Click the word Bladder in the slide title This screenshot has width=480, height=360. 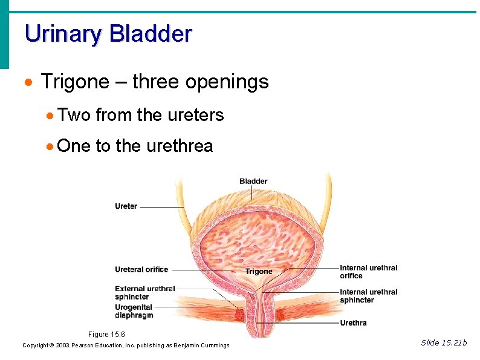click(x=150, y=33)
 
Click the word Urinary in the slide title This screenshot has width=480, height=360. click(x=63, y=33)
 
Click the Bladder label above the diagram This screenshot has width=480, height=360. click(x=253, y=182)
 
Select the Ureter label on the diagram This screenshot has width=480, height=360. click(x=126, y=206)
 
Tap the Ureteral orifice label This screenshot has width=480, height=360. click(x=141, y=270)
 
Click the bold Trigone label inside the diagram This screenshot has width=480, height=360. click(x=259, y=272)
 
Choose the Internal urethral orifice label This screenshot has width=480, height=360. click(x=368, y=272)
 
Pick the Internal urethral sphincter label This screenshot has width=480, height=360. click(x=368, y=296)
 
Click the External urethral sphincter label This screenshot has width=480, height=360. click(x=144, y=293)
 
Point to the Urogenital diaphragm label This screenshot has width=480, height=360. click(x=134, y=311)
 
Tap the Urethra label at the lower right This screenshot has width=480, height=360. click(x=353, y=323)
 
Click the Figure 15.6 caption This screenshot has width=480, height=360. click(x=106, y=335)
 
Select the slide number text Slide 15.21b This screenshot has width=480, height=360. click(x=444, y=343)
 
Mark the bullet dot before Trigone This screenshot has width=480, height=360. click(x=28, y=82)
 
